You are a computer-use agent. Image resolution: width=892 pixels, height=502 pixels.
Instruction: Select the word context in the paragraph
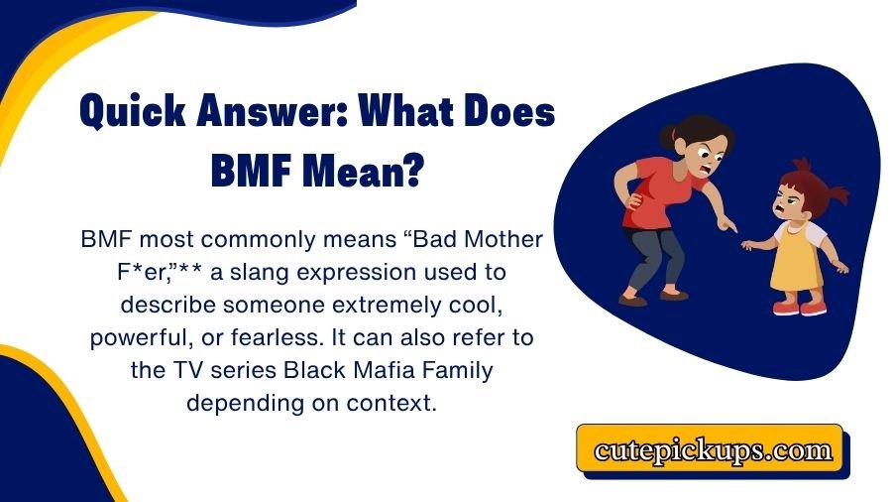pyautogui.click(x=395, y=404)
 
